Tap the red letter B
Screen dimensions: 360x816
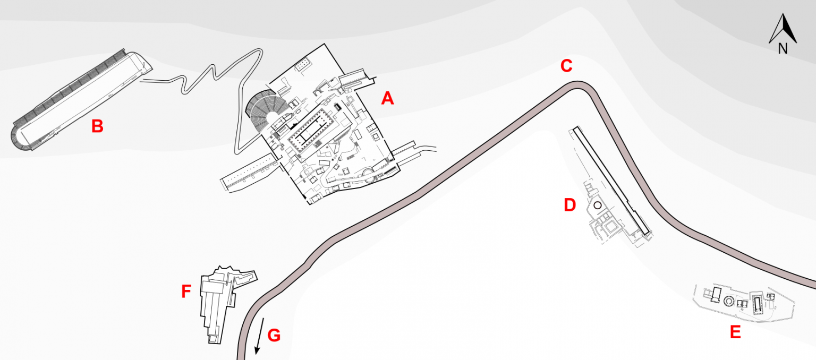coord(97,126)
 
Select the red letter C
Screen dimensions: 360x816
coord(566,66)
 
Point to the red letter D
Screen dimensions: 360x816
coord(569,205)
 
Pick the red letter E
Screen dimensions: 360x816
coord(735,332)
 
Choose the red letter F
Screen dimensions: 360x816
coord(186,292)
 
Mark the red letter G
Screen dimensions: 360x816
coord(274,336)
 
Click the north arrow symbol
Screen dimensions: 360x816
coord(783,29)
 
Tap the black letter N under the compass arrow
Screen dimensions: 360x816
coord(783,49)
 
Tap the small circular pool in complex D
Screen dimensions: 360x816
coord(597,205)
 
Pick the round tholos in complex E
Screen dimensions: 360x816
coord(729,302)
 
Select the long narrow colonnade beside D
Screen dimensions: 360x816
coord(611,181)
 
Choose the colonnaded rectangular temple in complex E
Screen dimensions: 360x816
coord(756,303)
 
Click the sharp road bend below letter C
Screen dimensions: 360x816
coord(582,85)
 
